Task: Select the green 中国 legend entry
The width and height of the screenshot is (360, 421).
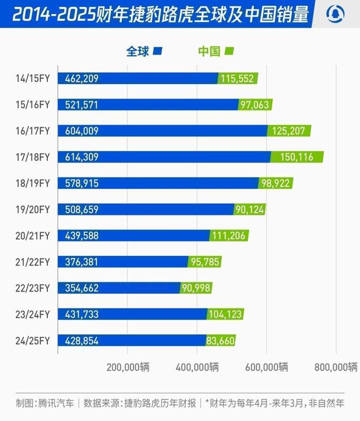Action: point(215,51)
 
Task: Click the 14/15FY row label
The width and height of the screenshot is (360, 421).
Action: point(33,78)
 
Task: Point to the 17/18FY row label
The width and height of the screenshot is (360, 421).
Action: point(33,157)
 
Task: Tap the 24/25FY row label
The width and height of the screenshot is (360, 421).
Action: point(33,340)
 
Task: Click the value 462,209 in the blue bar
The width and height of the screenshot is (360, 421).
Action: point(82,78)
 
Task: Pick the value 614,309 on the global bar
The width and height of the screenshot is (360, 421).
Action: point(82,157)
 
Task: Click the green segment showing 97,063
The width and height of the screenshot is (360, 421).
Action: point(255,105)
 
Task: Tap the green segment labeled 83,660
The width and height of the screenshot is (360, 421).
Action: point(221,340)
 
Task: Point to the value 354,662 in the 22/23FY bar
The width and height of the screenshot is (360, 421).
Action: point(82,288)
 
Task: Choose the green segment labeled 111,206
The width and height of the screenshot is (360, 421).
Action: point(229,235)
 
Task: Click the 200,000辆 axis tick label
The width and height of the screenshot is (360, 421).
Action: point(128,367)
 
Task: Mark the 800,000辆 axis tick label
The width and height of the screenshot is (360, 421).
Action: point(336,367)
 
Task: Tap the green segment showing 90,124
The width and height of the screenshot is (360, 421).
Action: point(249,209)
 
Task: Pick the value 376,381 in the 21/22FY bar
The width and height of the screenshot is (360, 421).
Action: point(82,262)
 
